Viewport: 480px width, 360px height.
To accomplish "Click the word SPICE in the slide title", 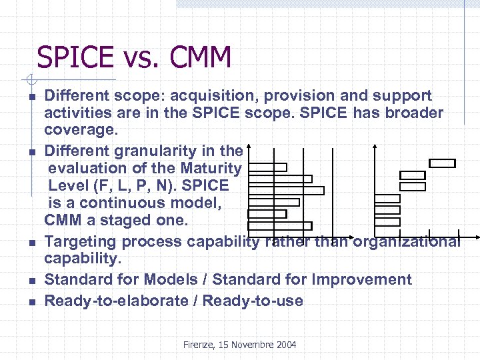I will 75,58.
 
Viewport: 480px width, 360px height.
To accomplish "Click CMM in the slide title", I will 201,58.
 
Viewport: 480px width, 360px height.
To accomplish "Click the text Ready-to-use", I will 253,301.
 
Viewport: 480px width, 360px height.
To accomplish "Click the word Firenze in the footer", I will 201,345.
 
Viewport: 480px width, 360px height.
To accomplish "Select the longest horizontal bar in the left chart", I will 286,190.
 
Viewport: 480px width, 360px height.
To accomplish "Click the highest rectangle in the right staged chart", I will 442,163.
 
